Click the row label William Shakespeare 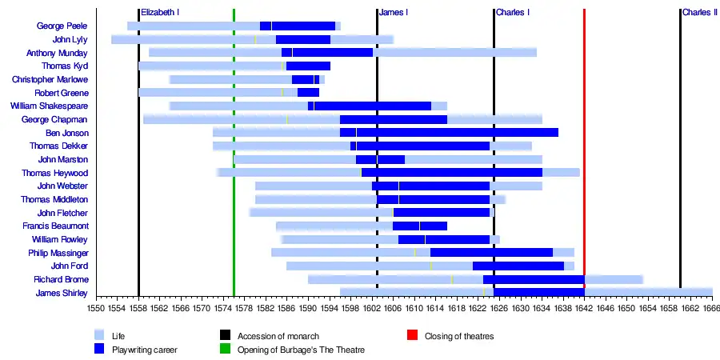pyautogui.click(x=49, y=106)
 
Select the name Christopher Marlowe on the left pyautogui.click(x=50, y=80)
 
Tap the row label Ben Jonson pyautogui.click(x=66, y=133)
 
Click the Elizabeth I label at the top pyautogui.click(x=159, y=13)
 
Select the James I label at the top pyautogui.click(x=393, y=13)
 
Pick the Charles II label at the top pyautogui.click(x=699, y=13)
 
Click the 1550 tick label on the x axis pyautogui.click(x=96, y=307)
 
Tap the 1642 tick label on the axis pyautogui.click(x=584, y=307)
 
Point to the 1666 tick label pyautogui.click(x=711, y=307)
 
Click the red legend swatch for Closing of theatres pyautogui.click(x=412, y=336)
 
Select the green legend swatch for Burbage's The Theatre pyautogui.click(x=225, y=350)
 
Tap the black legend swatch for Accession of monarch pyautogui.click(x=225, y=336)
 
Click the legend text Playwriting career pyautogui.click(x=145, y=350)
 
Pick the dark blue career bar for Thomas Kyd pyautogui.click(x=308, y=66)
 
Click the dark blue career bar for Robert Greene pyautogui.click(x=308, y=93)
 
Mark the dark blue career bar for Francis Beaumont pyautogui.click(x=419, y=226)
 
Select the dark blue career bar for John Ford pyautogui.click(x=518, y=266)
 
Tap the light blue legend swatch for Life pyautogui.click(x=100, y=336)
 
